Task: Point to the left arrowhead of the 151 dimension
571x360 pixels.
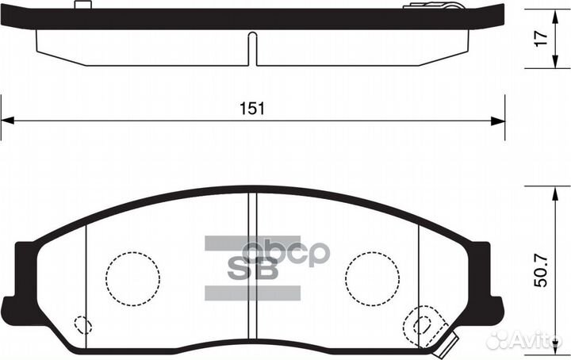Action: (x=7, y=121)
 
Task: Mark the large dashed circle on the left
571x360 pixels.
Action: (x=132, y=278)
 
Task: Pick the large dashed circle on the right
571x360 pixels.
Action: (x=371, y=278)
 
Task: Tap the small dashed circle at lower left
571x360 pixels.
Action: (x=82, y=325)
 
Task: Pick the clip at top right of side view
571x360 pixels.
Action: (x=431, y=6)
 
